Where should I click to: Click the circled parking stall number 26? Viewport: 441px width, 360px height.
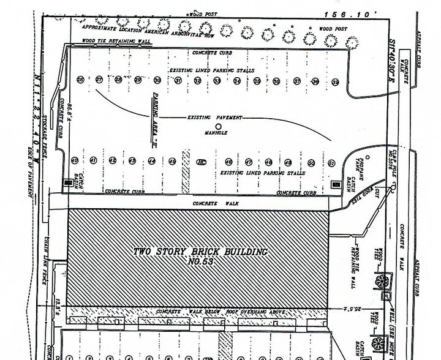click(x=80, y=80)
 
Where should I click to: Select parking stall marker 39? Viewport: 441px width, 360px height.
click(x=335, y=81)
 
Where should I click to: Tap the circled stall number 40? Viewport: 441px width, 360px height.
click(x=74, y=161)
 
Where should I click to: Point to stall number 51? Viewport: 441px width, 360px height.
click(x=331, y=163)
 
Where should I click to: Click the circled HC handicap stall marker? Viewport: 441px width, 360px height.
click(x=202, y=162)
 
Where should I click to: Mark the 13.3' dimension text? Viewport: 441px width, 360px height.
click(x=56, y=300)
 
